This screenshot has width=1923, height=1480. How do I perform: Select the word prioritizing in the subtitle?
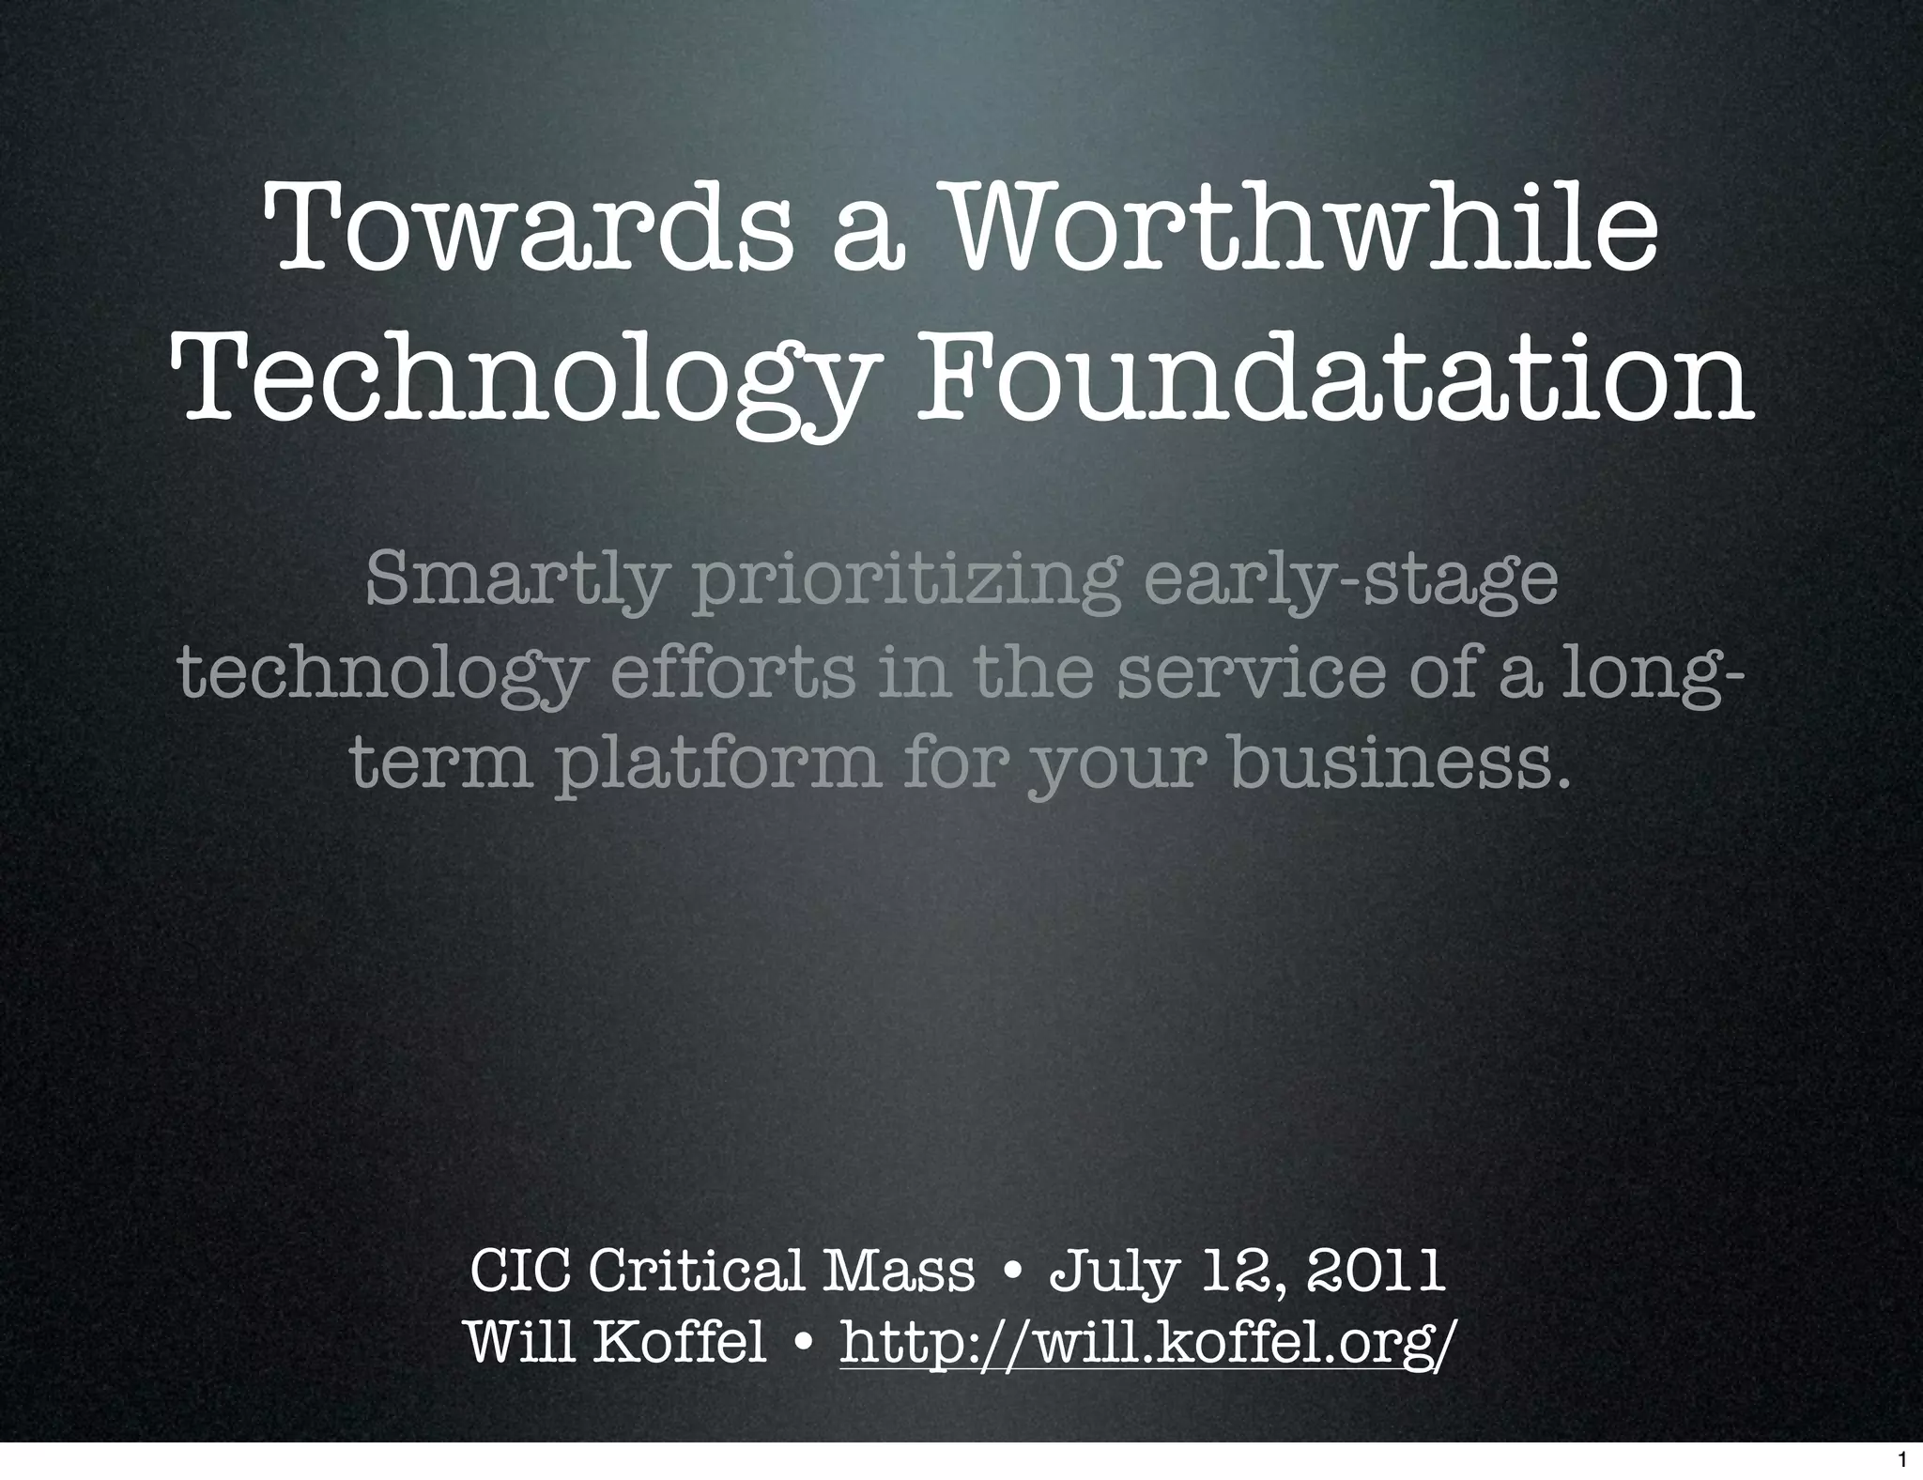pos(905,580)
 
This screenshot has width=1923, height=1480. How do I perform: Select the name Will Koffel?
pos(616,1343)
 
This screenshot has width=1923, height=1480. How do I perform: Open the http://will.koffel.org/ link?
pos(1149,1345)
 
